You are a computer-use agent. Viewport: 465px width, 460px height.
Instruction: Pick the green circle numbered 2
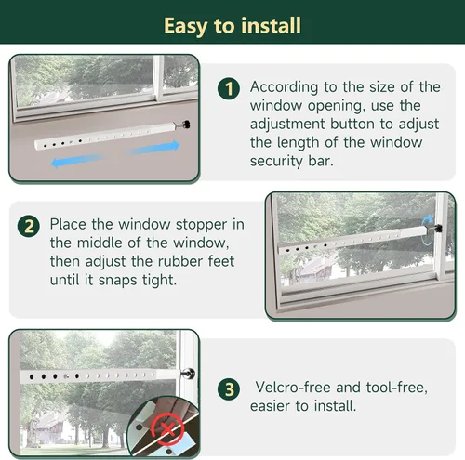coord(31,226)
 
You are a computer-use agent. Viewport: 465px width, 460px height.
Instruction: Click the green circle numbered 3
coord(229,388)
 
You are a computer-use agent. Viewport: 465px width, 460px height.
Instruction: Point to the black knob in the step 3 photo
coord(189,373)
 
